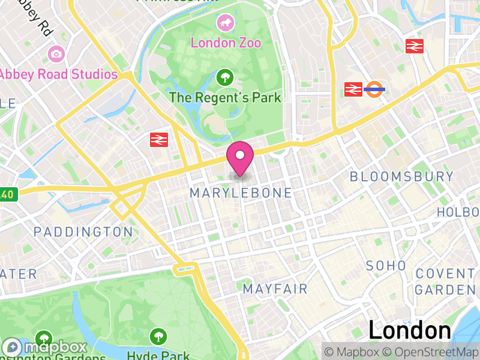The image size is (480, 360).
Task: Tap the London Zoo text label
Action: pos(226,43)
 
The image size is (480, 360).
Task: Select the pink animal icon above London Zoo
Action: pos(226,23)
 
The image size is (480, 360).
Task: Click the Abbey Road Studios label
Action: pos(58,74)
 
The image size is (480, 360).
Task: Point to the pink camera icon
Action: pos(56,54)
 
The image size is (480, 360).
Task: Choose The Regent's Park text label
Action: pos(225,97)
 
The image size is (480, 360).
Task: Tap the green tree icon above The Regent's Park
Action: pos(225,77)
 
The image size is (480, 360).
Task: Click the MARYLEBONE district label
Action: pos(241,193)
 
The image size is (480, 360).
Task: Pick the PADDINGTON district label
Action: pos(83,232)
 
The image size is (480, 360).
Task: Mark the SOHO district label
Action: pos(386,265)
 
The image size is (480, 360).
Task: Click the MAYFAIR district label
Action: pos(275,289)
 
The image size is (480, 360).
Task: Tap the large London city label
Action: pos(409,331)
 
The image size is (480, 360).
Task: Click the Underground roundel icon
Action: pos(375,90)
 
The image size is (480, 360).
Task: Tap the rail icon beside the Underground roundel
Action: pos(353,90)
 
